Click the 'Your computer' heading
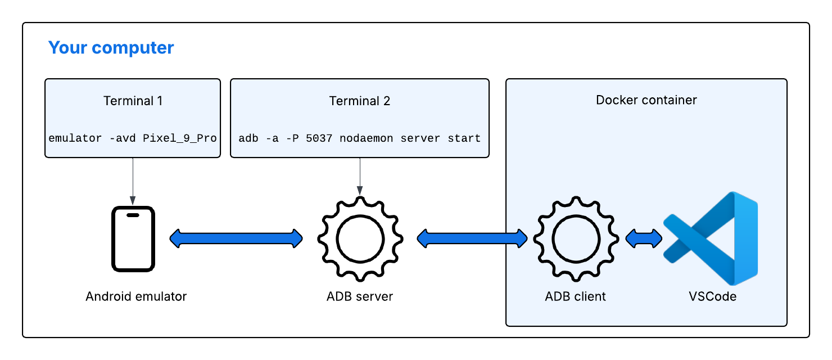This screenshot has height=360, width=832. pos(111,48)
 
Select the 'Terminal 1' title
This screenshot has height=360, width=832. pos(133,101)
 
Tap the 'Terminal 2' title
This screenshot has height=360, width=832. pos(359,101)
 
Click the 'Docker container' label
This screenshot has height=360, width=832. pos(646,100)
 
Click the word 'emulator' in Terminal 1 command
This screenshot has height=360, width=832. pos(75,138)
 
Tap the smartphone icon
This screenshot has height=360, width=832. pos(133,238)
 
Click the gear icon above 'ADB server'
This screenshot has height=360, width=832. pos(360,238)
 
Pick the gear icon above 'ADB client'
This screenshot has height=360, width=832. pos(575,238)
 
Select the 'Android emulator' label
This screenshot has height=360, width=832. pos(136,296)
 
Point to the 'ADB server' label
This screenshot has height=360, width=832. pos(360,296)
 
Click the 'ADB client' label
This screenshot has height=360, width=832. pos(575,296)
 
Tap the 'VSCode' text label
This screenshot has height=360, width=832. pos(712,296)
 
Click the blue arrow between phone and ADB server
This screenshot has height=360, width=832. pos(236,238)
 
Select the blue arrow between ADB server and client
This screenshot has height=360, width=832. pos(472,238)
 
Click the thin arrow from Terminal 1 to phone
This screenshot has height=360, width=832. pos(133,180)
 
